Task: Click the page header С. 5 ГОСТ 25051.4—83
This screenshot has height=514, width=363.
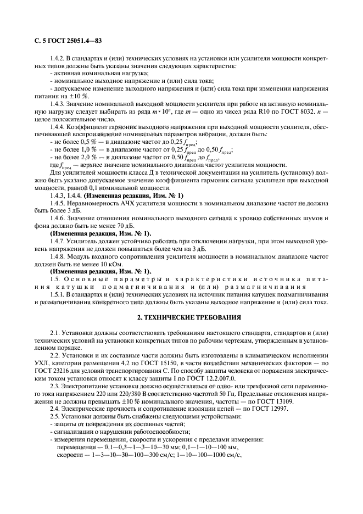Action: pyautogui.click(x=62, y=41)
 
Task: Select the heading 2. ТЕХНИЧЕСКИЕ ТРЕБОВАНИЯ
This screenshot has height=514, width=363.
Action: pyautogui.click(x=181, y=319)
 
